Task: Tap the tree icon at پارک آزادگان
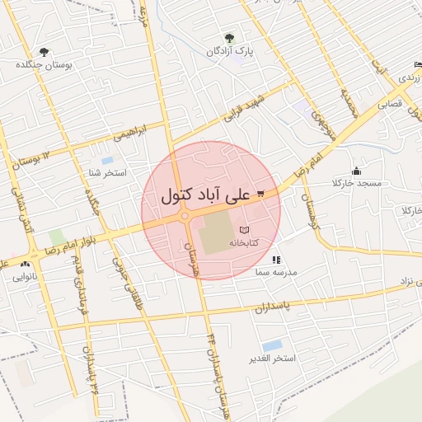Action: pyautogui.click(x=229, y=38)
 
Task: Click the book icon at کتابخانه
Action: pyautogui.click(x=243, y=230)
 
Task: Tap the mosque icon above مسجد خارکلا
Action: pyautogui.click(x=356, y=171)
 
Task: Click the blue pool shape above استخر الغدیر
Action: pyautogui.click(x=272, y=345)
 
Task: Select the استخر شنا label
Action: pyautogui.click(x=107, y=173)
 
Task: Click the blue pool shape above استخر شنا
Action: pyautogui.click(x=107, y=160)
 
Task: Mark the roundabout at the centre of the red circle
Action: pyautogui.click(x=185, y=216)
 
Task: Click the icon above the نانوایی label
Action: pyautogui.click(x=25, y=265)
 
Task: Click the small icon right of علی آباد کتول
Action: pyautogui.click(x=260, y=195)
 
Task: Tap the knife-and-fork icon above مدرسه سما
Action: pyautogui.click(x=275, y=259)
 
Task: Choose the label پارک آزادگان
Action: pyautogui.click(x=230, y=51)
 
